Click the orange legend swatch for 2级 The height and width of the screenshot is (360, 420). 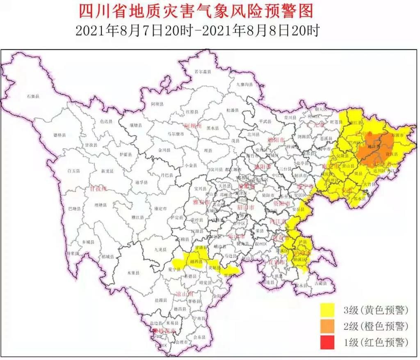pos(331,326)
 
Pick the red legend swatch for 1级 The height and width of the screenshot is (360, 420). pos(331,343)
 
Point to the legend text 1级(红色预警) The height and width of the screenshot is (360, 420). pos(376,343)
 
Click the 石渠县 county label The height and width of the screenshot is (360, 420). pos(32,96)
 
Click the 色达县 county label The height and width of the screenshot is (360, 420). pos(106,121)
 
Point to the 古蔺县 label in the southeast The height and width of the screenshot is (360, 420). pos(320,283)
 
